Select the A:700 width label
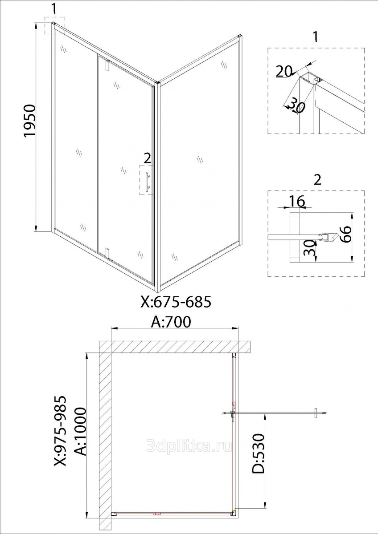[x=171, y=322]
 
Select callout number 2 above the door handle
[x=148, y=158]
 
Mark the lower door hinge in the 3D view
[x=107, y=254]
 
